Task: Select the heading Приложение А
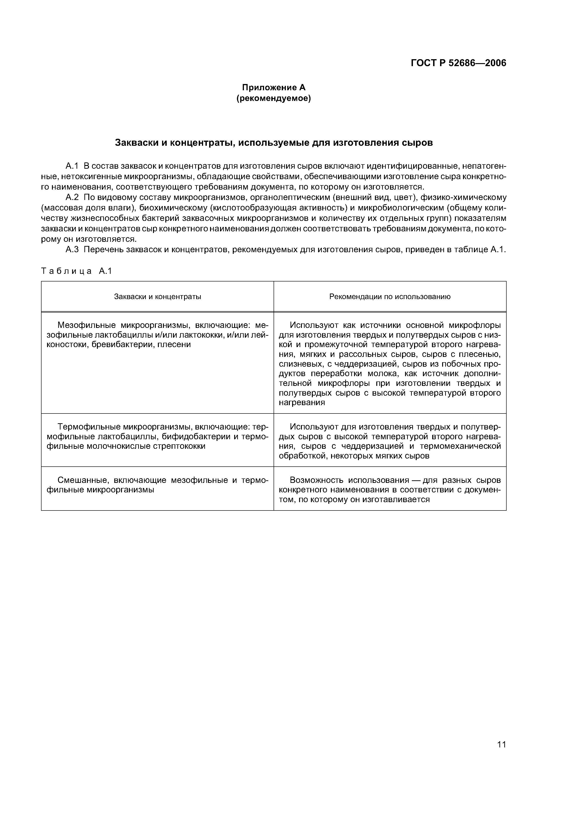pyautogui.click(x=274, y=87)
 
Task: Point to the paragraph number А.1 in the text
pyautogui.click(x=72, y=166)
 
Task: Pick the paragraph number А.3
pyautogui.click(x=72, y=250)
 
